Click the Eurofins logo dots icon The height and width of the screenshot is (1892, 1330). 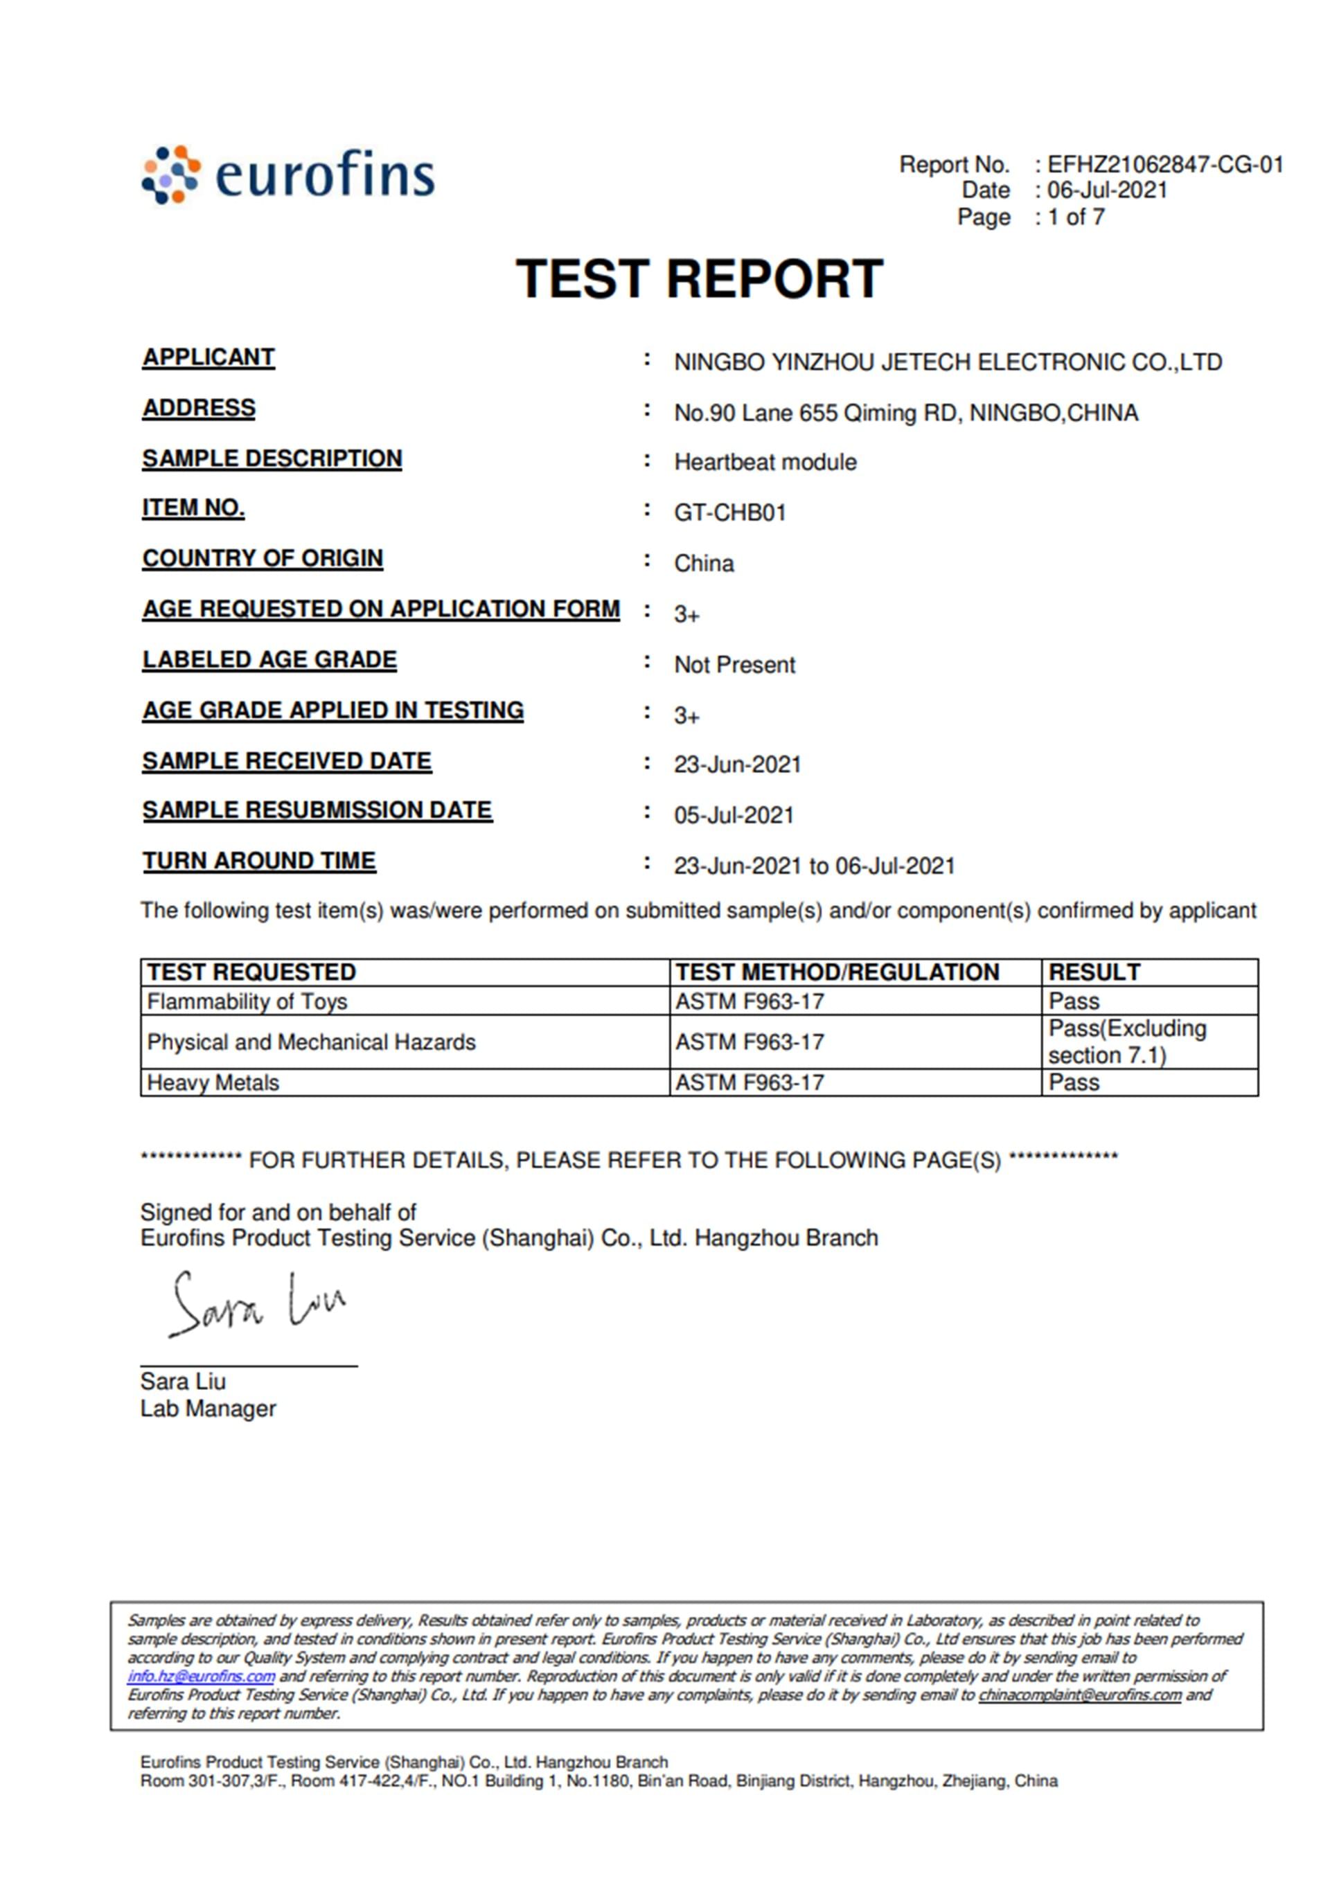click(170, 174)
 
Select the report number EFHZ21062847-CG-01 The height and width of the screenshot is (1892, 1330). click(1164, 165)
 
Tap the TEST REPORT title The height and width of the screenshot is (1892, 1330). click(699, 278)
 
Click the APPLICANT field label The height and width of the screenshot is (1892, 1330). click(209, 357)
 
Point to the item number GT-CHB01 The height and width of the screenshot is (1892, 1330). click(729, 512)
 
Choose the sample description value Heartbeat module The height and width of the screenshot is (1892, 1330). click(765, 463)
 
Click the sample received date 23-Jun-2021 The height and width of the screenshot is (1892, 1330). click(736, 765)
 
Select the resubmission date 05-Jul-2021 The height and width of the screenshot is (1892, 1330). click(734, 815)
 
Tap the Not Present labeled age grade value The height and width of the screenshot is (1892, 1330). click(734, 664)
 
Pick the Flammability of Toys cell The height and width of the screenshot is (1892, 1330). click(247, 1001)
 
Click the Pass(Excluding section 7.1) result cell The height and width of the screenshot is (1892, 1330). click(1126, 1042)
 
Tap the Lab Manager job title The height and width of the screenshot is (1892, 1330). click(208, 1409)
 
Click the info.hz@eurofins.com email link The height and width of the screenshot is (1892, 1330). click(201, 1676)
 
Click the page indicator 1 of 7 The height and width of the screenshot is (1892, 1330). click(1075, 217)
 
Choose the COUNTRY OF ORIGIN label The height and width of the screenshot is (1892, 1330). click(262, 559)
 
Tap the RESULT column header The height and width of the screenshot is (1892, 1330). click(1094, 972)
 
